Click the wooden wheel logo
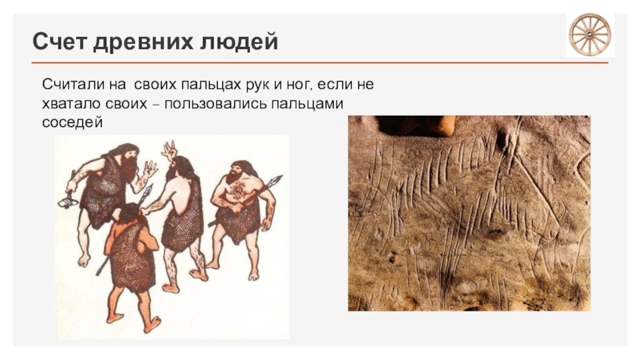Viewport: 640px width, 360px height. pyautogui.click(x=590, y=34)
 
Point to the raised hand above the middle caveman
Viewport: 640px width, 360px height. pyautogui.click(x=168, y=149)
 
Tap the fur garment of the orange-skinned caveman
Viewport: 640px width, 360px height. pyautogui.click(x=130, y=256)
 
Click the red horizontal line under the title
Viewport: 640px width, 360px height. pyautogui.click(x=320, y=62)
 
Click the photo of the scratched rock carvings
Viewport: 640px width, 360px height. pyautogui.click(x=469, y=213)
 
